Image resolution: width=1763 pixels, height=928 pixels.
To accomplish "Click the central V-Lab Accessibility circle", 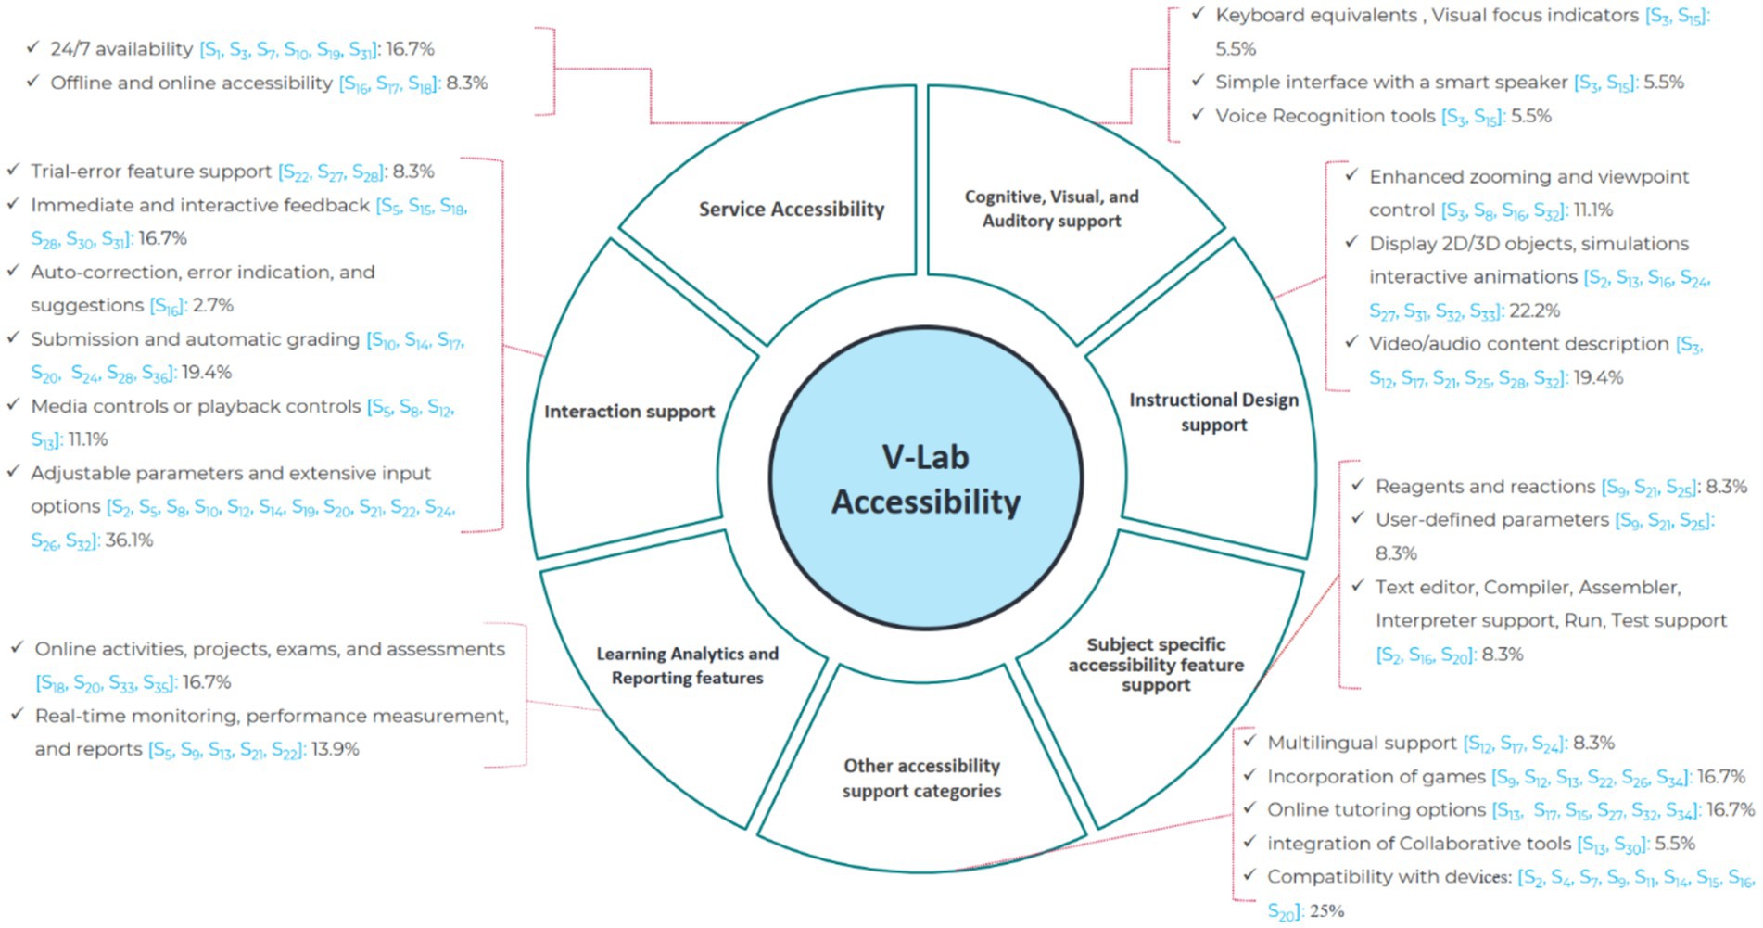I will coord(925,478).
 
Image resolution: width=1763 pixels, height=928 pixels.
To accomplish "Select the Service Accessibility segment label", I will coord(791,210).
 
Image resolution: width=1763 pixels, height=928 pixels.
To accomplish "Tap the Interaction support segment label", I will coord(628,412).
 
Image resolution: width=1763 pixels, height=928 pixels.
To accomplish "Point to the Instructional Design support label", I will coord(1213,413).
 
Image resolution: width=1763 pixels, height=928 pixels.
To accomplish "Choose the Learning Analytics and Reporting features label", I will coord(687,666).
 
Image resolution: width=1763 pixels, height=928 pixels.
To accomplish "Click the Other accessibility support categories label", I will coord(921,778).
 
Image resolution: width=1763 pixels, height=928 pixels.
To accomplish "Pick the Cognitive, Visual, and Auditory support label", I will coord(1051,209).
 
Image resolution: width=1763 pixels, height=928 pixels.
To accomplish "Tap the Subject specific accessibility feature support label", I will coord(1156,665).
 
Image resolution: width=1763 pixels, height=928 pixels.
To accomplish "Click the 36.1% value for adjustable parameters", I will coord(129,540).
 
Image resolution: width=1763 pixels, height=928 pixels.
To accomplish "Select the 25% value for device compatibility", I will coord(1325,910).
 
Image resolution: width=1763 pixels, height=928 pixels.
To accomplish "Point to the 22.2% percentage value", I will coord(1533,311).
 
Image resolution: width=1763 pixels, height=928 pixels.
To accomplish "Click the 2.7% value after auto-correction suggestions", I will coord(213,305).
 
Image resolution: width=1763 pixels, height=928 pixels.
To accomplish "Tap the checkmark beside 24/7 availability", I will coord(33,47).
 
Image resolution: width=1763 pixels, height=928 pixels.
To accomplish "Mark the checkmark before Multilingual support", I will coord(1249,741).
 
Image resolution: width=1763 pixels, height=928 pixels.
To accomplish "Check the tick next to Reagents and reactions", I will coord(1358,485).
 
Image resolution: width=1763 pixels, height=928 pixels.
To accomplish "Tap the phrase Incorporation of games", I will coord(1376,776).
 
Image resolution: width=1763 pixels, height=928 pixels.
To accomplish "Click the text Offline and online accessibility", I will coord(191,83).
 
